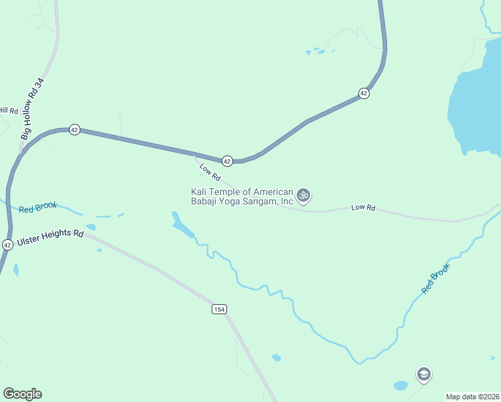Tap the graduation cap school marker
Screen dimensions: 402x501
coord(423,375)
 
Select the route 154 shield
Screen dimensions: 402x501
coord(219,309)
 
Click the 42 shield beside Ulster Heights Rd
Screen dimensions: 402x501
coord(7,245)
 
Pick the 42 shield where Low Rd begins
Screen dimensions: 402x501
coord(227,161)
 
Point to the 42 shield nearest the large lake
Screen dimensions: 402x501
coord(364,93)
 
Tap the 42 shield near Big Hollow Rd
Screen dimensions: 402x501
coord(75,129)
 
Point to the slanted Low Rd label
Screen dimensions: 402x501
coord(210,172)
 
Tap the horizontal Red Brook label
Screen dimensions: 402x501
coord(38,208)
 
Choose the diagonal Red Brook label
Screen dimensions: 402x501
coord(435,279)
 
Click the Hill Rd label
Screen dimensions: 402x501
coord(9,110)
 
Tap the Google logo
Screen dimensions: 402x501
coord(22,394)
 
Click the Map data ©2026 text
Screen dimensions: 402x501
coord(472,397)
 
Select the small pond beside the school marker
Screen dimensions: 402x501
coord(401,385)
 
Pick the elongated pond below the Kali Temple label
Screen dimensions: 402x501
coord(182,226)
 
